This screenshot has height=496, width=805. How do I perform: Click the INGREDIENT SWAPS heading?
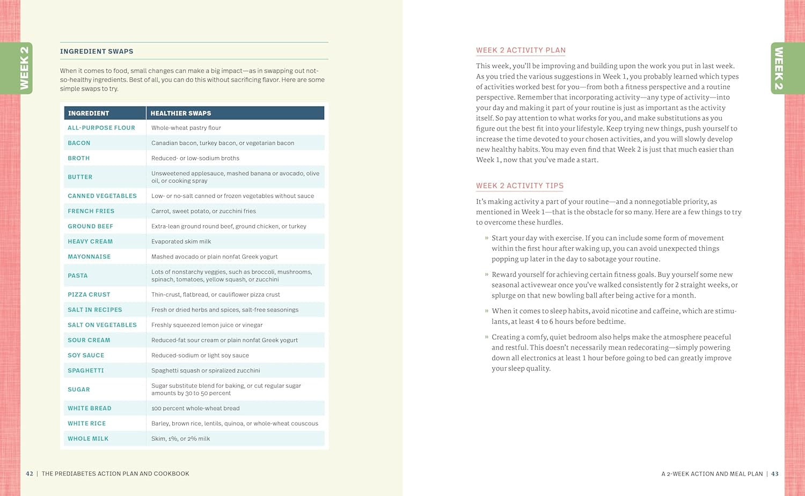coord(97,51)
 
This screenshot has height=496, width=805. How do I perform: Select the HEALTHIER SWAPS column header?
coord(181,113)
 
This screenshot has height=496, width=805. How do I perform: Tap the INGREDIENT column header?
coord(89,113)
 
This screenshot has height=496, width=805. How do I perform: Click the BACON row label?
coord(79,143)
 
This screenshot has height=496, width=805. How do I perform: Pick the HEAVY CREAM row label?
coord(90,241)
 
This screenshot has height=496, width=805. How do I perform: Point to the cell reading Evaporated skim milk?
coord(181,241)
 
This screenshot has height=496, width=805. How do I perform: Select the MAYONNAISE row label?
coord(89,257)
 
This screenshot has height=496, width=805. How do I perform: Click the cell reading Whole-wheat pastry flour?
coord(186,128)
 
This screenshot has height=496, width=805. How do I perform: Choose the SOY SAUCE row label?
coord(86,356)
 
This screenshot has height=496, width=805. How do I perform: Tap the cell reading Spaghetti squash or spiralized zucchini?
coord(206,371)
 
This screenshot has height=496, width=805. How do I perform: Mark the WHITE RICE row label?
coord(87,424)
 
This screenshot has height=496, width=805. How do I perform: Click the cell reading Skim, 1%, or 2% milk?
coord(181,439)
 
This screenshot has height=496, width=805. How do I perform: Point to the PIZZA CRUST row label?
coord(89,295)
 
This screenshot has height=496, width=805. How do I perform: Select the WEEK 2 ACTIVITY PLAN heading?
coord(521,50)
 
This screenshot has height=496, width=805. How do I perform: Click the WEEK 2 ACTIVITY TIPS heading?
coord(519,186)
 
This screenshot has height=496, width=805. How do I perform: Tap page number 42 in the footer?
coord(30,474)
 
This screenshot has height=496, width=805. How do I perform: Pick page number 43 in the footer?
coord(774,474)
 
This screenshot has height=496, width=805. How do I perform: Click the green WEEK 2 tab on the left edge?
coord(25,68)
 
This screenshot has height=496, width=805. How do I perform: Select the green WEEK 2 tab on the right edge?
coord(779,68)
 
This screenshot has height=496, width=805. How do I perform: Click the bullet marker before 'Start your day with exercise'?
coord(487,238)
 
